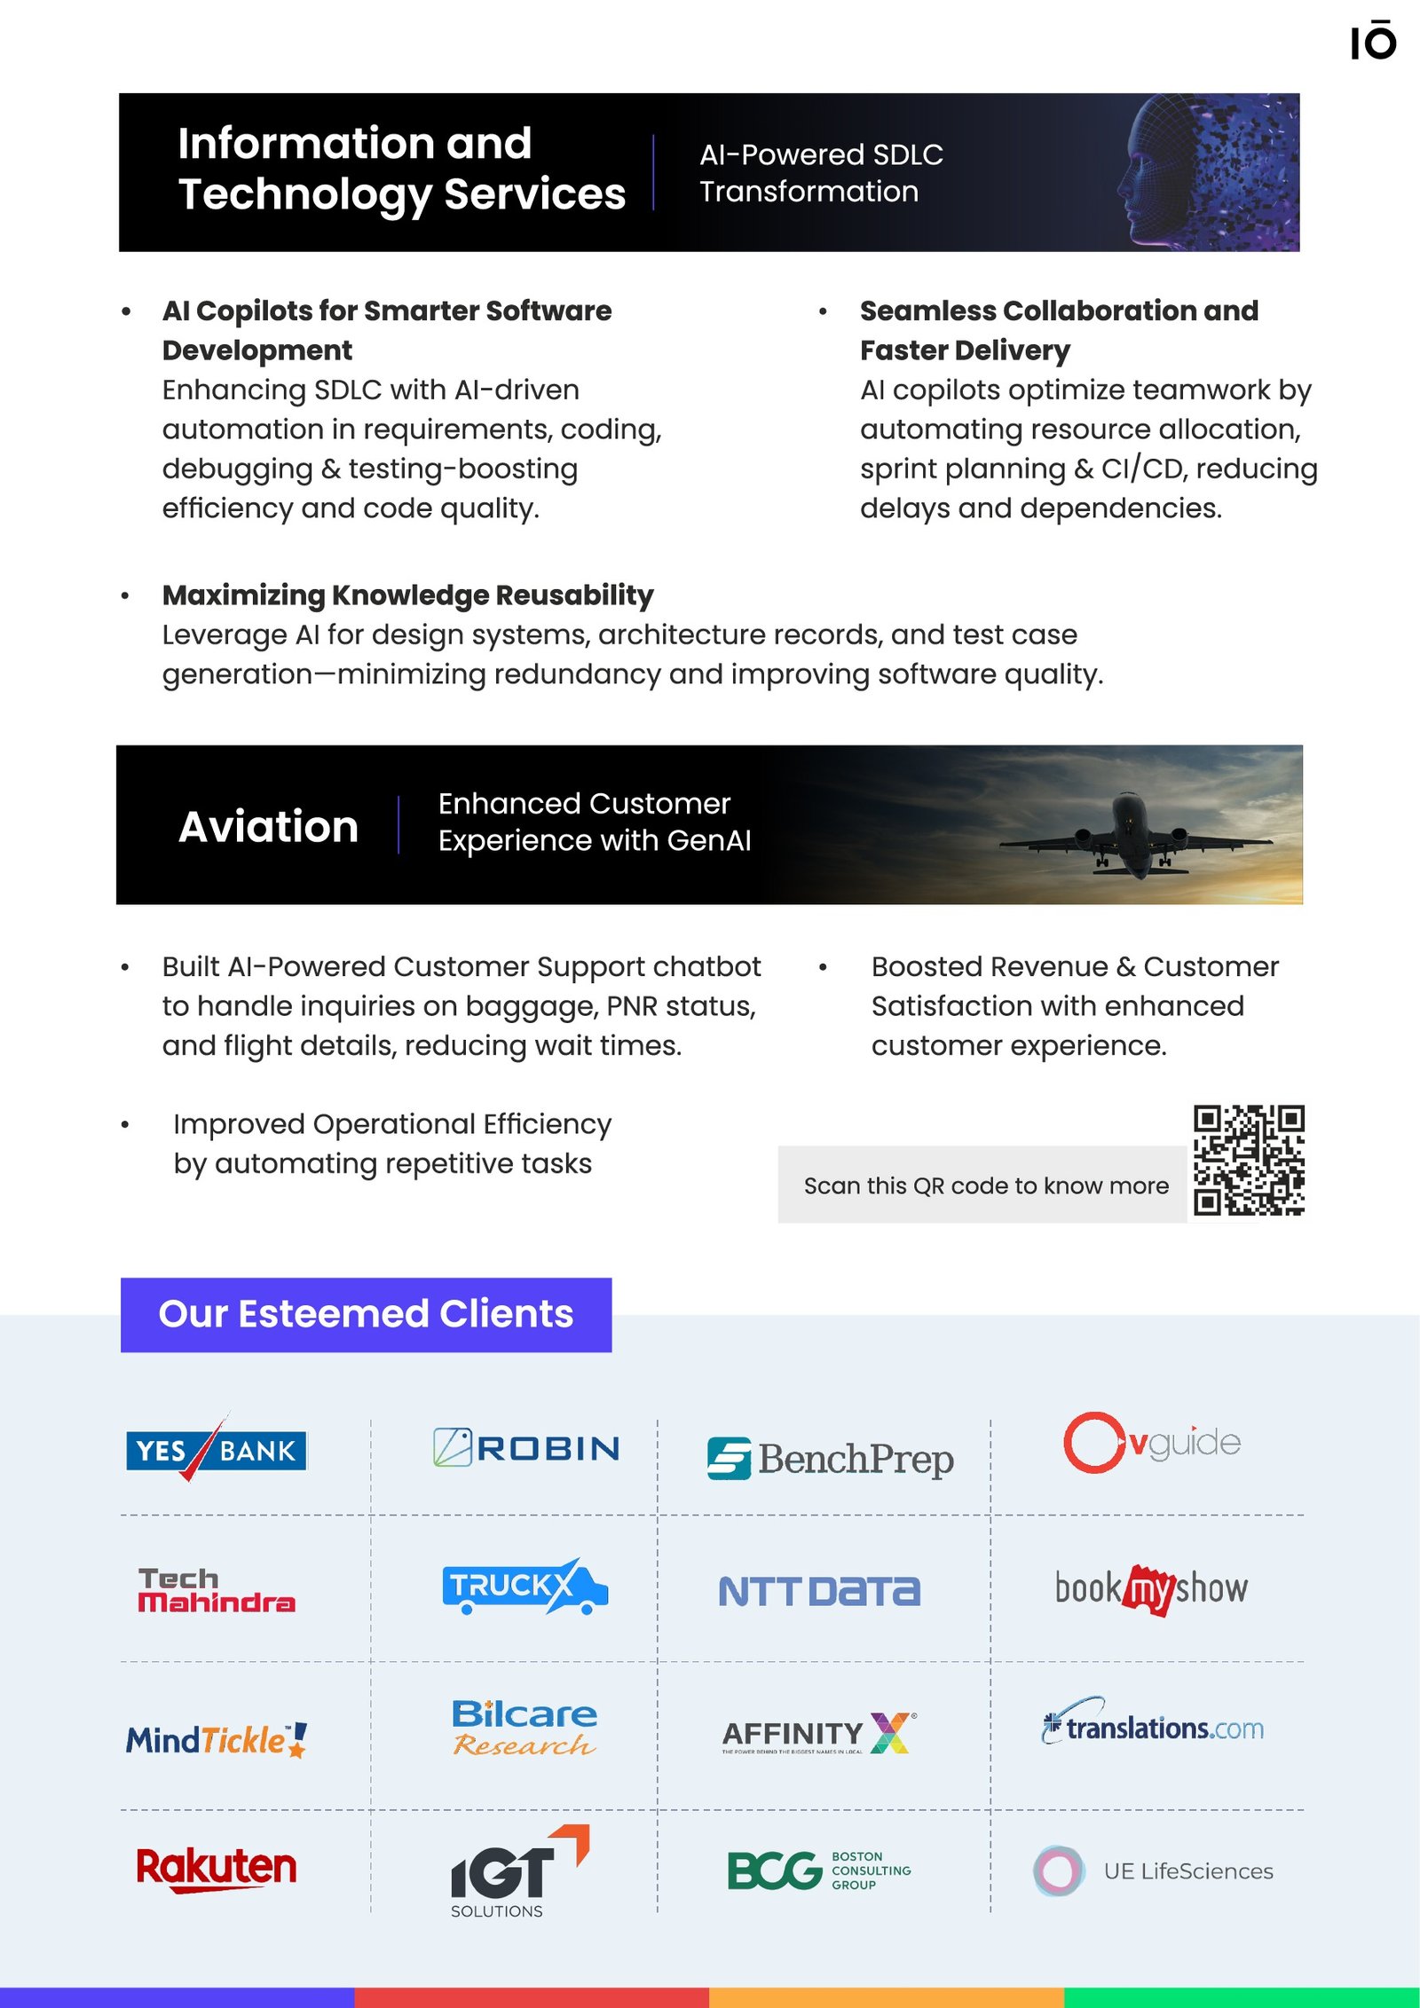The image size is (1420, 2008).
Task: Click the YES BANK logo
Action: pyautogui.click(x=217, y=1450)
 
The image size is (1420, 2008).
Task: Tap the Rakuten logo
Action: pyautogui.click(x=217, y=1868)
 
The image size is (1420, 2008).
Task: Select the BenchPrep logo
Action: pyautogui.click(x=830, y=1459)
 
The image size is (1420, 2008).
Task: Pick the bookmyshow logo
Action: pyautogui.click(x=1151, y=1588)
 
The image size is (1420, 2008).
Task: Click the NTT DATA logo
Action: pyautogui.click(x=819, y=1591)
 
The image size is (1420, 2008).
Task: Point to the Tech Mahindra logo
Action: pyautogui.click(x=217, y=1591)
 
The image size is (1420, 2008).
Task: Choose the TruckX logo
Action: pyautogui.click(x=524, y=1587)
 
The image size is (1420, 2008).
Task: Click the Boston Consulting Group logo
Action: pyautogui.click(x=818, y=1870)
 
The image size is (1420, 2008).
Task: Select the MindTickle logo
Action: pyautogui.click(x=217, y=1740)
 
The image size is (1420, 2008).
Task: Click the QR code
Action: pyautogui.click(x=1249, y=1160)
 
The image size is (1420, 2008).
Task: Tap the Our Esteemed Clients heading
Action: pyautogui.click(x=366, y=1314)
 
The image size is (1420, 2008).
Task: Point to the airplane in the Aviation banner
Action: pyautogui.click(x=1135, y=832)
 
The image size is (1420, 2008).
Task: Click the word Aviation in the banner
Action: pyautogui.click(x=268, y=826)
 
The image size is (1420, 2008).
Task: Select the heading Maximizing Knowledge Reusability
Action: pyautogui.click(x=407, y=595)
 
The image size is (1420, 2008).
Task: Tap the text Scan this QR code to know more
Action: pyautogui.click(x=985, y=1185)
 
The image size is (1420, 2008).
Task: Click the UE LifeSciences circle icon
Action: pyautogui.click(x=1058, y=1870)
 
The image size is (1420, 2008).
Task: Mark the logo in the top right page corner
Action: pyautogui.click(x=1373, y=42)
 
